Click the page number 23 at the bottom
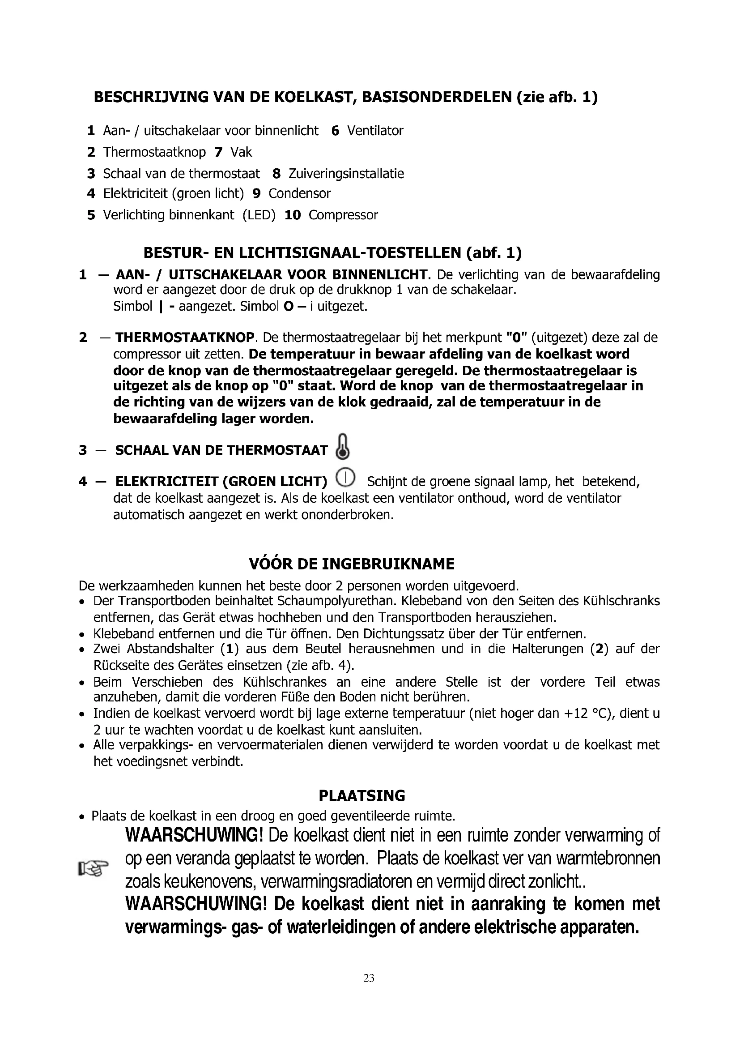369,978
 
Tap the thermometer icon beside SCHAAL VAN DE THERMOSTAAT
343,447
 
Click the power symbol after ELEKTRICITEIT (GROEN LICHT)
345,478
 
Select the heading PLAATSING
362,796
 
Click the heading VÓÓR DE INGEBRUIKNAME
352,564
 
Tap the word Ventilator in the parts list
375,131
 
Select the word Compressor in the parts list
343,215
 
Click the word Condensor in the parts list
299,193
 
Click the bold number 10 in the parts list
293,215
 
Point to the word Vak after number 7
241,152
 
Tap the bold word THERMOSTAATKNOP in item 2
184,338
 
